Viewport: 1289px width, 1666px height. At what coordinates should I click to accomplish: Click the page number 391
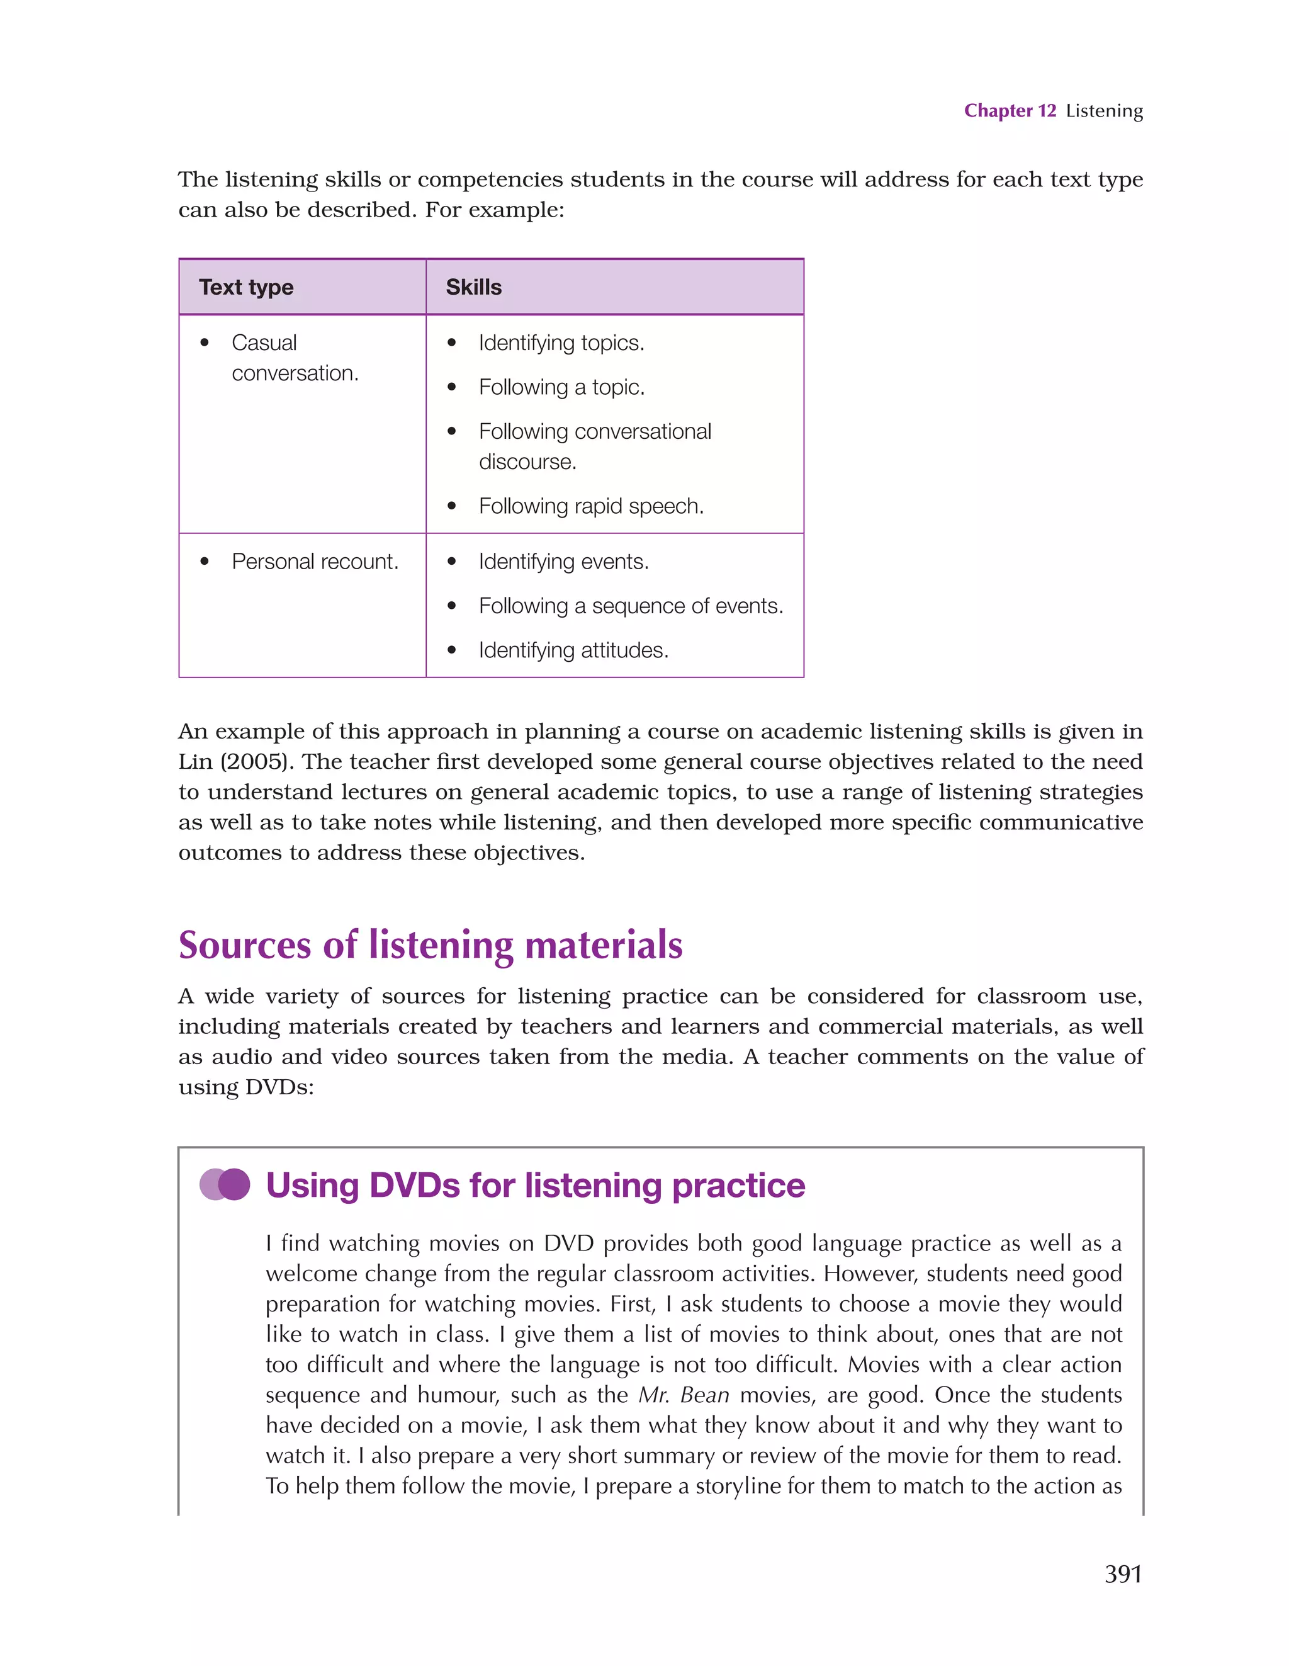(x=1123, y=1573)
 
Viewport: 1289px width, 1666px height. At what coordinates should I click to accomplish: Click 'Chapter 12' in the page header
(x=1010, y=111)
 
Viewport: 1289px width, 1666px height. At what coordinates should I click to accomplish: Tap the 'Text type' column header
(x=245, y=287)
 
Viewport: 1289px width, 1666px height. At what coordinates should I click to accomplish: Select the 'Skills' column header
(x=474, y=287)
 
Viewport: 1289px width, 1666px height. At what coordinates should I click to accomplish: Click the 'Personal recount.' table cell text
(x=315, y=562)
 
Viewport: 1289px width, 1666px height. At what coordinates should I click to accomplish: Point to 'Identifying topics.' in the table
(x=561, y=343)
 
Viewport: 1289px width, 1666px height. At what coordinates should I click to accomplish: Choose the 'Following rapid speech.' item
(x=591, y=506)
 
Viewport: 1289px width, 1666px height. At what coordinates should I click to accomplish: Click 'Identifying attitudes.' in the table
(x=573, y=650)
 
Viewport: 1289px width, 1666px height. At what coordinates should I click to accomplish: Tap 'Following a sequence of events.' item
(x=631, y=606)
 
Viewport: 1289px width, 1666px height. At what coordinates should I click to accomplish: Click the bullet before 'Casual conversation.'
(x=205, y=343)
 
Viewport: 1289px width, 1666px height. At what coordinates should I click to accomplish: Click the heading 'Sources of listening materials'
(x=430, y=944)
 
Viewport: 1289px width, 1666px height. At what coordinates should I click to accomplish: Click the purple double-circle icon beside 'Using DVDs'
(x=225, y=1185)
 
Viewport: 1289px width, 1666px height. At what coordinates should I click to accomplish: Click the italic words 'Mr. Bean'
(x=684, y=1395)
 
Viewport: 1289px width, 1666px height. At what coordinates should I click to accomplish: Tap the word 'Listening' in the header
(x=1104, y=111)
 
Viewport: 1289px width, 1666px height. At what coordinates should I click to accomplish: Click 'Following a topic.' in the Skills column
(x=561, y=387)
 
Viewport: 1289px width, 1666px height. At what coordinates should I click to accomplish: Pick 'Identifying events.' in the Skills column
(x=564, y=562)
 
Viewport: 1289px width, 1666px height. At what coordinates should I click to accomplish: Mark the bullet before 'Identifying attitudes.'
(x=451, y=650)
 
